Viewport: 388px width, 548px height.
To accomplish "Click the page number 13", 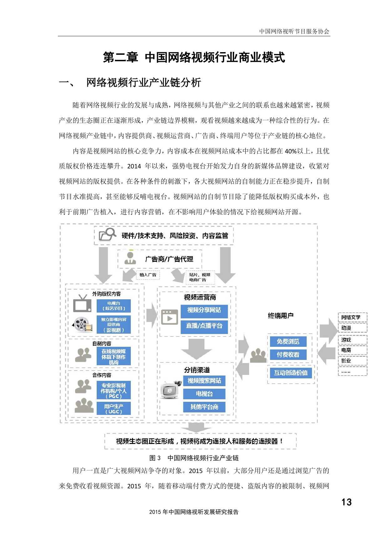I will point(346,502).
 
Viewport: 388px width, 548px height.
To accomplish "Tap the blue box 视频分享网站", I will point(204,310).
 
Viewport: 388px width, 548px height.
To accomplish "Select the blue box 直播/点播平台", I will point(204,326).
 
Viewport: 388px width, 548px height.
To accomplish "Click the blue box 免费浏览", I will point(288,341).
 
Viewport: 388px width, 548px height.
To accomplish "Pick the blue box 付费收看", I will point(288,355).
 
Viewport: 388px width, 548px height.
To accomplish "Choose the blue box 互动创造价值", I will point(291,373).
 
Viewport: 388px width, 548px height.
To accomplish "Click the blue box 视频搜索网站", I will point(204,381).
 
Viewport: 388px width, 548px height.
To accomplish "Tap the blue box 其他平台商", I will point(204,407).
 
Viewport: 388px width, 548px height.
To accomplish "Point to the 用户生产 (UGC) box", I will point(114,409).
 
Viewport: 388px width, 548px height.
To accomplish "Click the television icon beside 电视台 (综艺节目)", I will point(82,303).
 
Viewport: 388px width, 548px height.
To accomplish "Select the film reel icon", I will point(82,325).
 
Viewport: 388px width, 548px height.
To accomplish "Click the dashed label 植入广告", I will point(148,275).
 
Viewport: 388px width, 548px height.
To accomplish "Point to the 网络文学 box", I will point(352,317).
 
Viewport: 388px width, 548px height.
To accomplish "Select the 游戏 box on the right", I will point(352,340).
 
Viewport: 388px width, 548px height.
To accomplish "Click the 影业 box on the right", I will point(352,361).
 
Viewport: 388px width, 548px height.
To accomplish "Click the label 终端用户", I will point(281,316).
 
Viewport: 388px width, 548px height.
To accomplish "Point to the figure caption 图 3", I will point(155,458).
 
